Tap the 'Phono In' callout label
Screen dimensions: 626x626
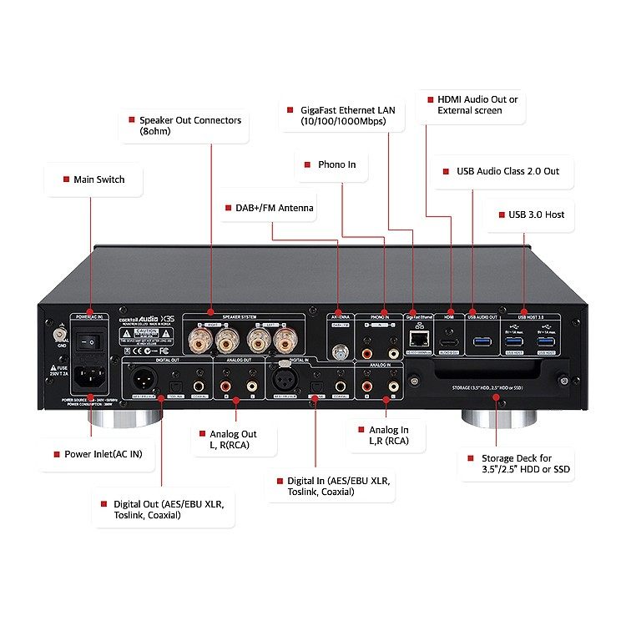click(x=336, y=164)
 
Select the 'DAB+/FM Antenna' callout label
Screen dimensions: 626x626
click(x=268, y=208)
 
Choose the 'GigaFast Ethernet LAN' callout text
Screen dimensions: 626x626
click(x=351, y=115)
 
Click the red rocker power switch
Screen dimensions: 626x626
click(x=89, y=341)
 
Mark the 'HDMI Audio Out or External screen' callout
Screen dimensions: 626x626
click(x=477, y=104)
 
